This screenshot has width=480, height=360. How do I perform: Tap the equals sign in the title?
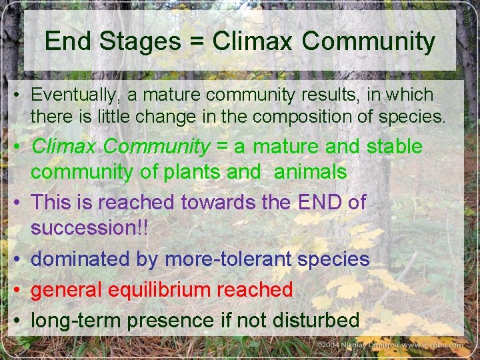click(197, 42)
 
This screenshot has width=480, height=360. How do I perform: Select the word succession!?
click(89, 228)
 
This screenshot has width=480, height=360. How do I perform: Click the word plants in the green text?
click(191, 172)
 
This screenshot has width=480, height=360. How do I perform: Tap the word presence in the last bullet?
click(171, 320)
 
